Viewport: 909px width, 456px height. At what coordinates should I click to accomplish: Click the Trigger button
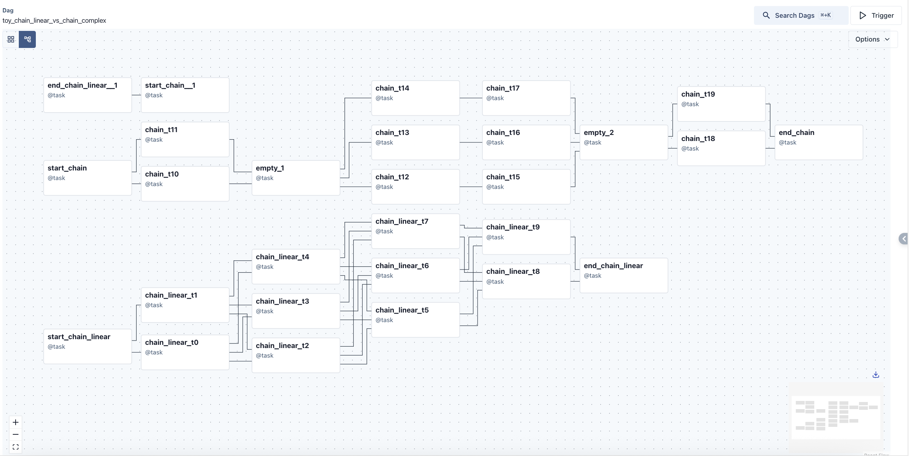[x=876, y=15]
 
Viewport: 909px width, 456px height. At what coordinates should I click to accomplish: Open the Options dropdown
[x=872, y=39]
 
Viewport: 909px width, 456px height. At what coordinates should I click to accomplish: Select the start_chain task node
[x=87, y=178]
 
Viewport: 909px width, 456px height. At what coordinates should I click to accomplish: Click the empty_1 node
[x=296, y=178]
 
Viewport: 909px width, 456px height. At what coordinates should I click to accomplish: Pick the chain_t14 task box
[x=415, y=98]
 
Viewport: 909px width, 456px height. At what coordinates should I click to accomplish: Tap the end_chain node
[x=819, y=142]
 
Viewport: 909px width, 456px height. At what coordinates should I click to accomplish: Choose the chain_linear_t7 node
[x=415, y=231]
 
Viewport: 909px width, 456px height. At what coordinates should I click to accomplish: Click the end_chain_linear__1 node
[x=87, y=95]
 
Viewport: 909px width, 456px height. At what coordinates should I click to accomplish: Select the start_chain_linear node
[x=87, y=346]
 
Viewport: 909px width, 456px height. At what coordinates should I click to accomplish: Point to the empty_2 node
[x=623, y=142]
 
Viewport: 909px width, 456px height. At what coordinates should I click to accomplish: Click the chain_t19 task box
[x=721, y=104]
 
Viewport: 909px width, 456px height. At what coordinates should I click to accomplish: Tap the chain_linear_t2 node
[x=296, y=355]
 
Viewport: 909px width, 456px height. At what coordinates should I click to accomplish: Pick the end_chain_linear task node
[x=623, y=275]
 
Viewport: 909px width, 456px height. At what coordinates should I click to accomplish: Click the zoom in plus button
[x=16, y=422]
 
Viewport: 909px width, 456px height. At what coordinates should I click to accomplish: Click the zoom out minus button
[x=16, y=434]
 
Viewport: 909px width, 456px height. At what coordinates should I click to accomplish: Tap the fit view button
[x=16, y=447]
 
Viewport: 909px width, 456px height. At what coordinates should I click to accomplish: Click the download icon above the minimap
[x=876, y=375]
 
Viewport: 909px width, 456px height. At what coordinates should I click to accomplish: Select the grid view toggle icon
[x=11, y=39]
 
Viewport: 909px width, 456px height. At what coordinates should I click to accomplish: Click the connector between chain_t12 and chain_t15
[x=471, y=186]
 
